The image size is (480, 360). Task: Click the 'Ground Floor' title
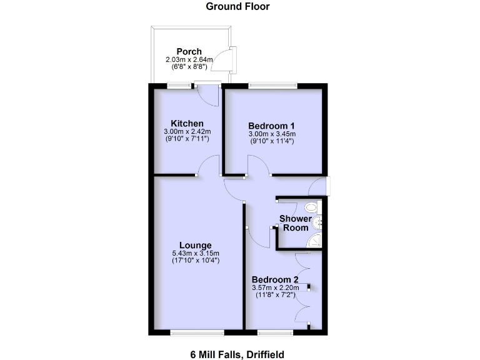pos(238,7)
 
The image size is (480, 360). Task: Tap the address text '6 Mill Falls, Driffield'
pos(237,354)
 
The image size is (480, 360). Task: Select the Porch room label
pos(188,51)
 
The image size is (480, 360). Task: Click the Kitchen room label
pos(187,123)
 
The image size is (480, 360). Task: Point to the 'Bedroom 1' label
pos(272,125)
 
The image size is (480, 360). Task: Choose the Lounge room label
pos(195,245)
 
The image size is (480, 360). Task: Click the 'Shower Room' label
pos(294,223)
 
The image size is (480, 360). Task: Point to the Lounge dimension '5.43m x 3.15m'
pos(195,253)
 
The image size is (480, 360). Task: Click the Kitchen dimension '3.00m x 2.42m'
pos(187,131)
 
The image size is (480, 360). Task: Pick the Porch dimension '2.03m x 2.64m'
pos(188,59)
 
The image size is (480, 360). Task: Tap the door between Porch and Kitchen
pos(206,94)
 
